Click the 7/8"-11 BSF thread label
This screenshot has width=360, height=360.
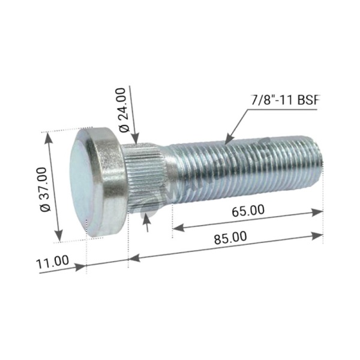pyautogui.click(x=285, y=100)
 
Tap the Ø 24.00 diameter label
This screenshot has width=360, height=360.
pyautogui.click(x=122, y=110)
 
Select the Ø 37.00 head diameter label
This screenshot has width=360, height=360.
pyautogui.click(x=43, y=190)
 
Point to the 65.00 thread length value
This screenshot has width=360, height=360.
pyautogui.click(x=248, y=211)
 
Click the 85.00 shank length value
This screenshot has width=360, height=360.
pyautogui.click(x=230, y=238)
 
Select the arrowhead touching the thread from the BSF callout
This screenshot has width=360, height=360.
pyautogui.click(x=229, y=140)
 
